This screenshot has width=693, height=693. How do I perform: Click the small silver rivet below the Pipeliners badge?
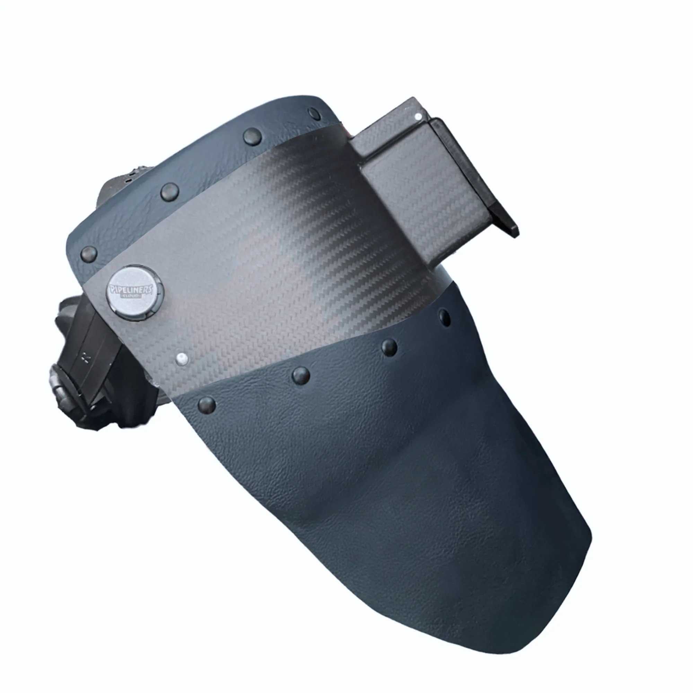click(x=183, y=358)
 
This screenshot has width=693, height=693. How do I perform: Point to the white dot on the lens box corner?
click(x=418, y=116)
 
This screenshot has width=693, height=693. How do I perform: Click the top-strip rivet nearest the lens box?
click(x=315, y=113)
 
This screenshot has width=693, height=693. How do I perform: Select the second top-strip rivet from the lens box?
click(x=252, y=137)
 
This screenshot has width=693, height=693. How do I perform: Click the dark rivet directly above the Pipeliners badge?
click(x=89, y=254)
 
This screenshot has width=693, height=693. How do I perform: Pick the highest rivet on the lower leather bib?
click(x=445, y=317)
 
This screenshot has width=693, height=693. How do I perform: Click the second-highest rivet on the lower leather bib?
click(x=389, y=346)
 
